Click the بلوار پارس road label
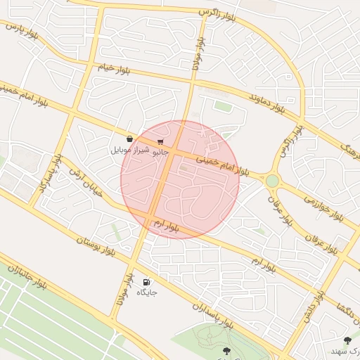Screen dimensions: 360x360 click(x=21, y=31)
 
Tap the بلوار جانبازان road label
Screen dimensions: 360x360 click(x=26, y=278)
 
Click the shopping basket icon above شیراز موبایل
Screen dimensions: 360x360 click(x=129, y=139)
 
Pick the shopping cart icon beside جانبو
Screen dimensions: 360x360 click(x=161, y=141)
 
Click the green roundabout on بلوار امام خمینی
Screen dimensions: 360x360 click(x=272, y=181)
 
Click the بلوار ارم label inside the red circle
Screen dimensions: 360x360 click(x=166, y=226)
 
